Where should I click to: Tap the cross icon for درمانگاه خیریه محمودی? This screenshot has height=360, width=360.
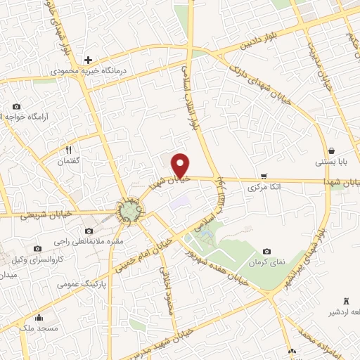click(87, 60)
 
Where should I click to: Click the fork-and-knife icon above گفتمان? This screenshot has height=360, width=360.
click(69, 149)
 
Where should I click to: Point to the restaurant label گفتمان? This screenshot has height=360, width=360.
click(69, 161)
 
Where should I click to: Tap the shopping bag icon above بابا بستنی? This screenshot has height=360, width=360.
click(331, 150)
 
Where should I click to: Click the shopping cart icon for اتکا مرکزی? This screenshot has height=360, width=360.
click(264, 176)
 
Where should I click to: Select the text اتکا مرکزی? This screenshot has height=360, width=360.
click(264, 188)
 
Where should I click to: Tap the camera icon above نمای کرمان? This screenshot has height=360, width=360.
click(266, 251)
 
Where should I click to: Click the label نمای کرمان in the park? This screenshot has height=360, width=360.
click(266, 262)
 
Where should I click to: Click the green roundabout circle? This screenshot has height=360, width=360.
click(129, 210)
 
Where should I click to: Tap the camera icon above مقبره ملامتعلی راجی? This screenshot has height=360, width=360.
click(89, 231)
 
